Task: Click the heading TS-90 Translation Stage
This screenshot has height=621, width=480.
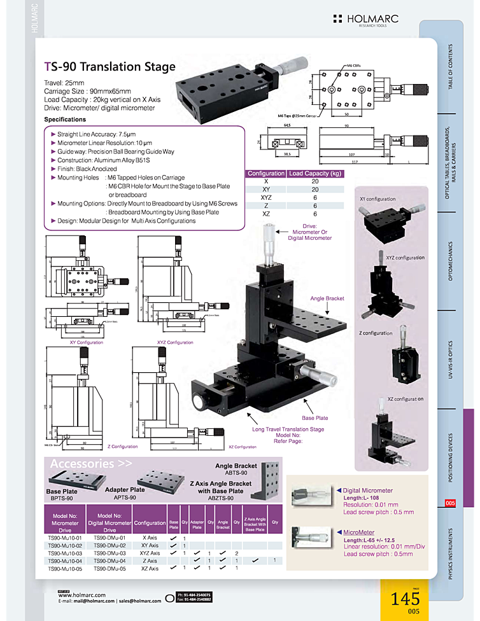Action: point(109,66)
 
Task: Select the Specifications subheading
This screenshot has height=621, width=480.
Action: point(65,120)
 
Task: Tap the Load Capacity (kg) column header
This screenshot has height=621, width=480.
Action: point(315,174)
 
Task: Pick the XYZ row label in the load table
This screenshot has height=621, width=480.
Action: point(265,198)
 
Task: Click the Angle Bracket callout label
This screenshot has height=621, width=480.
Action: point(327,298)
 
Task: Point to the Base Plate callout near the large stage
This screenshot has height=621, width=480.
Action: point(315,418)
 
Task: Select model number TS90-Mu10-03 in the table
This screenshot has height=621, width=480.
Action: point(66,553)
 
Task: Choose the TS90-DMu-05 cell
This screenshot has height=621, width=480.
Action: point(110,568)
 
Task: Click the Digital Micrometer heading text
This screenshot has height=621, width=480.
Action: point(367,491)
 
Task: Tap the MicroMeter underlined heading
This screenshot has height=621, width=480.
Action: point(358,532)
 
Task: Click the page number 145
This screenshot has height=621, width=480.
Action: point(406,599)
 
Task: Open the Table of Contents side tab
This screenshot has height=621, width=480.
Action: point(451,66)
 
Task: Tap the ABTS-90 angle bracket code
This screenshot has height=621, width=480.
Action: point(236,473)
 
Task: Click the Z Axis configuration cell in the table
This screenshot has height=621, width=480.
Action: point(150,561)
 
